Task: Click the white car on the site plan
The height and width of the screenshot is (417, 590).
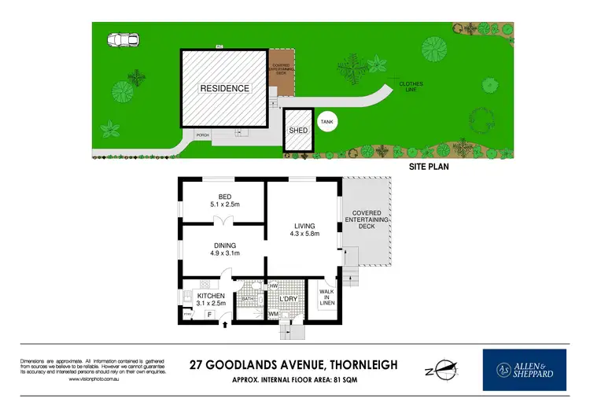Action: (124, 39)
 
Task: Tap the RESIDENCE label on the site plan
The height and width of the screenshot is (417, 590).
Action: (224, 88)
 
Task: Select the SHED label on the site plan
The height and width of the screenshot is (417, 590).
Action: (298, 131)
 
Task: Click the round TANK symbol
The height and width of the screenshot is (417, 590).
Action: (326, 122)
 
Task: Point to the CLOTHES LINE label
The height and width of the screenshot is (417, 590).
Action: (411, 87)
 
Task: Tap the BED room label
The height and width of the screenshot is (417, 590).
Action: (224, 197)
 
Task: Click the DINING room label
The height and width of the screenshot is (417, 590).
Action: (224, 244)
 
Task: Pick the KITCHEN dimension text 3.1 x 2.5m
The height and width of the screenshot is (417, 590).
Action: (210, 303)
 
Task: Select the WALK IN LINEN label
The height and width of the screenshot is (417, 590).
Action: (327, 297)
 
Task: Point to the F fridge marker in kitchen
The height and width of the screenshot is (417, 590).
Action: (209, 316)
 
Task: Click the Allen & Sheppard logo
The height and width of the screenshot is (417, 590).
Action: (524, 370)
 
